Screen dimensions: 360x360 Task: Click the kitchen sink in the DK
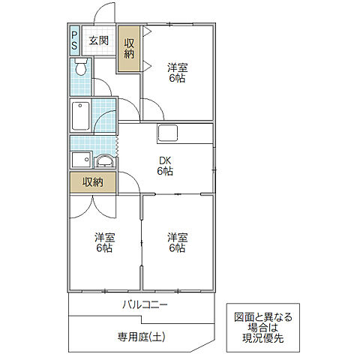(x=167, y=134)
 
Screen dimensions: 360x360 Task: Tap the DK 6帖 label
(x=165, y=165)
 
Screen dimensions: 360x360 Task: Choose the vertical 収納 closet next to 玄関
(x=129, y=47)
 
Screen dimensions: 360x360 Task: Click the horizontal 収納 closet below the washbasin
(x=93, y=182)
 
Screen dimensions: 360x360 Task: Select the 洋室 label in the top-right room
(x=177, y=70)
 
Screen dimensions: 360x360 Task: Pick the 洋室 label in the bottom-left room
(x=104, y=242)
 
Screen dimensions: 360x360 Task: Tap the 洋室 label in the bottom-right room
(x=177, y=242)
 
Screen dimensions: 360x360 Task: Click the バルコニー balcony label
(x=145, y=305)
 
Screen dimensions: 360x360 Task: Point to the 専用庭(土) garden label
(x=140, y=337)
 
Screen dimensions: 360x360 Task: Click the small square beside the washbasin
(x=78, y=160)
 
